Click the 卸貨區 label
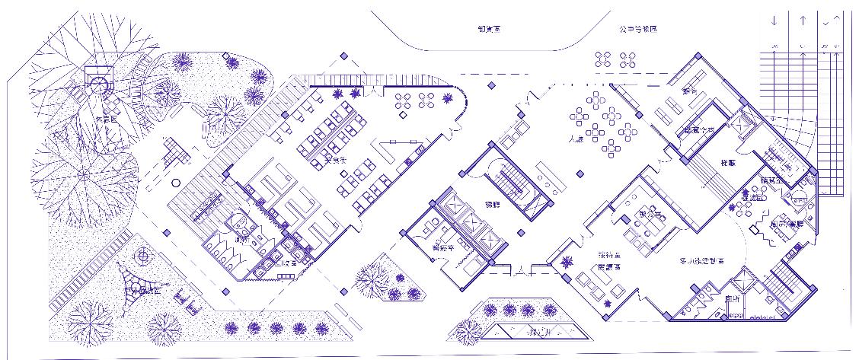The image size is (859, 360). [493, 28]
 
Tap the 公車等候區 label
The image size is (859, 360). [637, 29]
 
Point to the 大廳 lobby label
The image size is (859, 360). [576, 140]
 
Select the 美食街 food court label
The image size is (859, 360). [336, 161]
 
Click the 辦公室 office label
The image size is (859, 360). [653, 214]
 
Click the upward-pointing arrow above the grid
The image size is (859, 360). [803, 21]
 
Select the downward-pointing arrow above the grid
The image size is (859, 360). [774, 21]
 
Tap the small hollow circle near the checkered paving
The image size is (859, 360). [176, 183]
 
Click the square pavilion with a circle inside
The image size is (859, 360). [97, 78]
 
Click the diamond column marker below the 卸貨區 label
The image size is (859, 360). [491, 85]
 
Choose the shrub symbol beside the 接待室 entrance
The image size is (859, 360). [567, 263]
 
